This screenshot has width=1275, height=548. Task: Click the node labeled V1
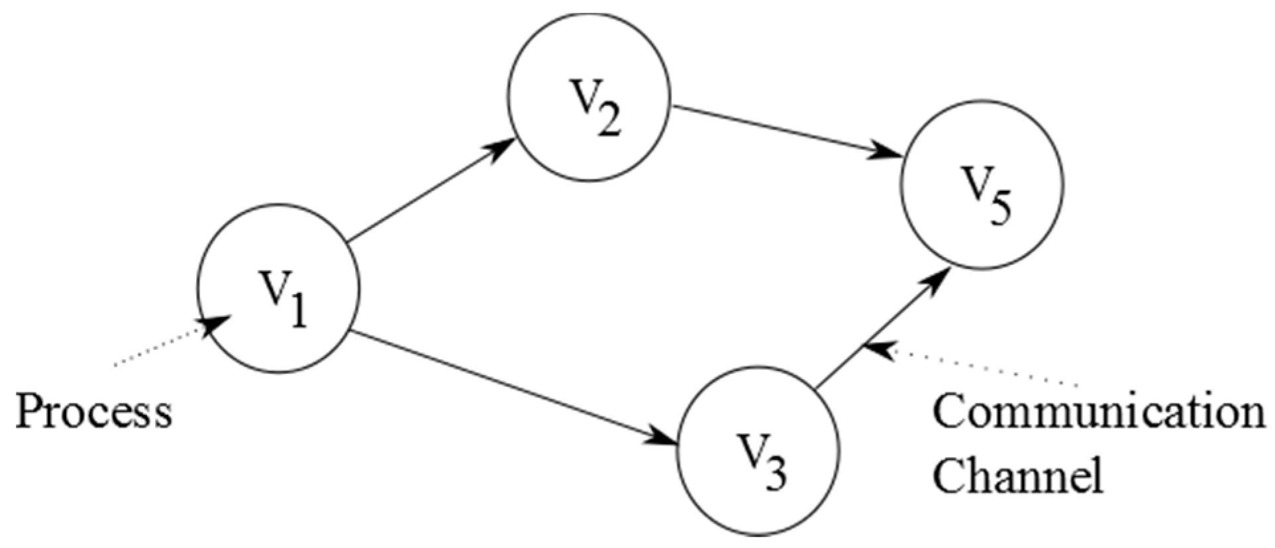click(278, 288)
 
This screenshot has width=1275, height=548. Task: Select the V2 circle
click(589, 99)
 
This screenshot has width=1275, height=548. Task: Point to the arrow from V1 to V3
click(510, 388)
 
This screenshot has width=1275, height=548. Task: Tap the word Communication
click(1099, 412)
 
